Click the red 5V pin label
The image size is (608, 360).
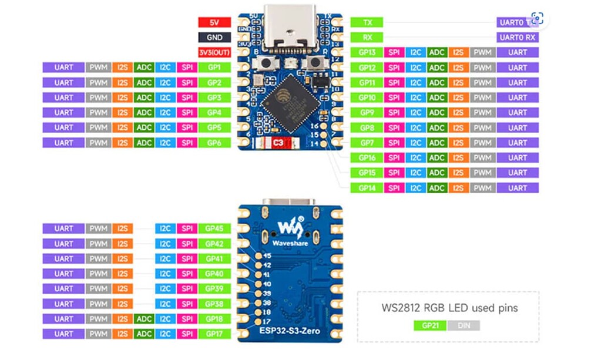(x=214, y=22)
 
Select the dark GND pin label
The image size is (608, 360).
(x=214, y=37)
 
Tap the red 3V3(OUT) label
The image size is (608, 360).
(x=214, y=52)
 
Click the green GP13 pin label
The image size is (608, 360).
(x=367, y=52)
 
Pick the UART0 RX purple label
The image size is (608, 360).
(x=517, y=37)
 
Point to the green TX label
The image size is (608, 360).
(x=367, y=22)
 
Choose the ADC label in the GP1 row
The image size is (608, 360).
(x=143, y=68)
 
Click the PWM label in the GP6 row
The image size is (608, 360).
(x=98, y=143)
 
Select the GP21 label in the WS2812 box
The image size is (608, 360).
(x=429, y=325)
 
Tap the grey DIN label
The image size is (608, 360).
(x=463, y=325)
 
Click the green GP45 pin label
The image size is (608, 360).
(x=214, y=228)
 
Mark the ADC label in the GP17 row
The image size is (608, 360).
(x=143, y=334)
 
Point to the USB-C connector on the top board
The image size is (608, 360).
(x=288, y=26)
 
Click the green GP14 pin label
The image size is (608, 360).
(x=367, y=188)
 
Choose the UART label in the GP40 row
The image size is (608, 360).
(x=64, y=274)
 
